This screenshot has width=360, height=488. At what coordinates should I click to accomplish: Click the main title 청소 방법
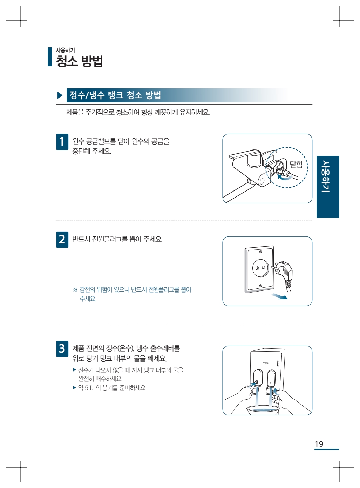(x=79, y=61)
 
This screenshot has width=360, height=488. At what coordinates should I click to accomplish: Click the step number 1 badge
(x=62, y=142)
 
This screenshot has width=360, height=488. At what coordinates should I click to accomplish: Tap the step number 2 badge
(x=62, y=239)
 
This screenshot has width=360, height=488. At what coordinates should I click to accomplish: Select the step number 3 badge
(x=62, y=349)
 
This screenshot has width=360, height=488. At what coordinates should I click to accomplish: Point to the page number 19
(x=319, y=444)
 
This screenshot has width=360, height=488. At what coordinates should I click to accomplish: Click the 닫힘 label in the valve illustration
(x=296, y=164)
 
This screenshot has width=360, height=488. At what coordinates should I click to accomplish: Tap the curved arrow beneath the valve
(x=284, y=178)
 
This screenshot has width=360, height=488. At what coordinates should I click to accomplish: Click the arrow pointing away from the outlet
(x=279, y=296)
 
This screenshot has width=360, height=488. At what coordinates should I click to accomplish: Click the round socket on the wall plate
(x=260, y=268)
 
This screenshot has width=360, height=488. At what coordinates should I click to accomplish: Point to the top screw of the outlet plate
(x=261, y=252)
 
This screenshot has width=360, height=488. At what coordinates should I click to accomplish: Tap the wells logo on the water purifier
(x=265, y=363)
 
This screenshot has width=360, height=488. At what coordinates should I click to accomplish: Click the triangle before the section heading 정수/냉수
(x=60, y=95)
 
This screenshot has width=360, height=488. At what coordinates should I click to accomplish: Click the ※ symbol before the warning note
(x=75, y=289)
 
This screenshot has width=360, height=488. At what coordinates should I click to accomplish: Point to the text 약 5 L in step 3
(x=86, y=388)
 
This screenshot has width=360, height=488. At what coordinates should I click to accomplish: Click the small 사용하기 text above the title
(x=65, y=50)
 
